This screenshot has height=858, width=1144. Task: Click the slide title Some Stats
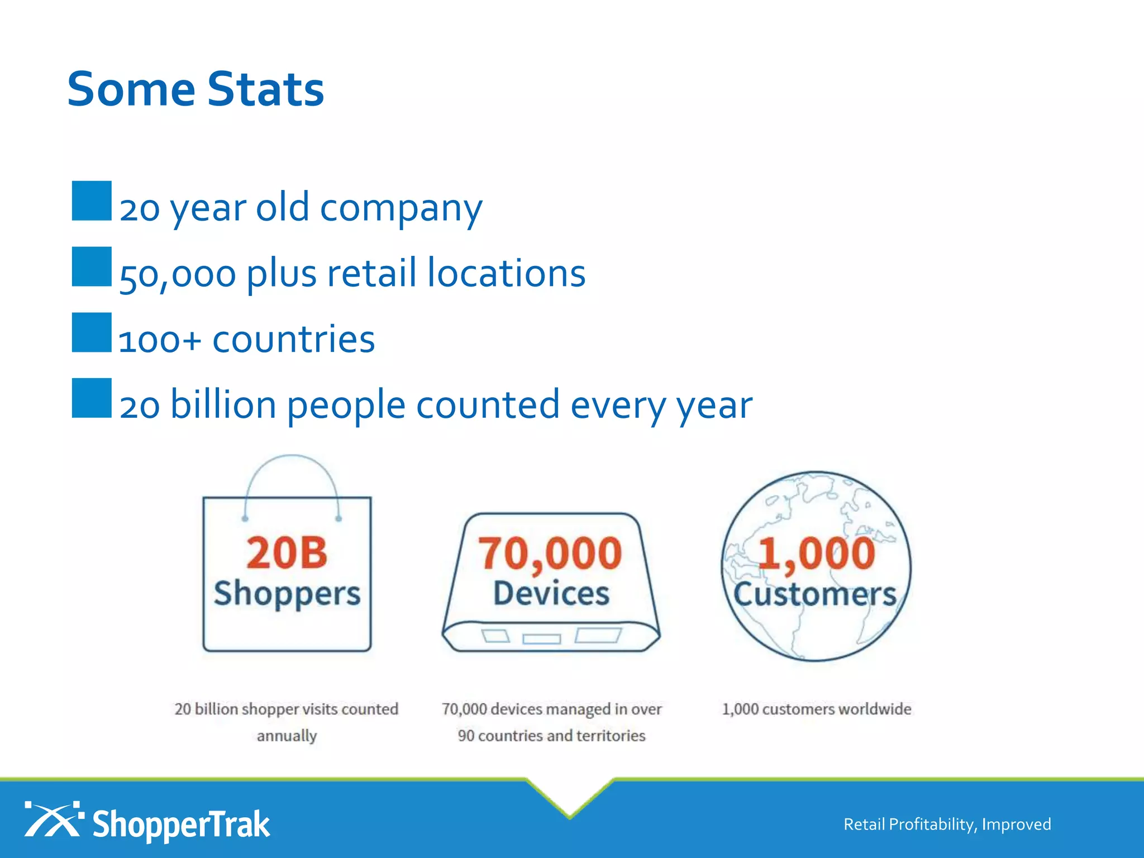pos(196,89)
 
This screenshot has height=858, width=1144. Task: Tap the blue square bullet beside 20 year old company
pos(92,201)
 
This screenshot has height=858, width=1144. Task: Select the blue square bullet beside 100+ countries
pos(92,332)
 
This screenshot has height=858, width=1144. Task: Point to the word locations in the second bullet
pos(506,273)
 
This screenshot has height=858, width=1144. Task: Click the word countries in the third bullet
pos(293,339)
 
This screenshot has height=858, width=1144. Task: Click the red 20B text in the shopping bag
pos(287,553)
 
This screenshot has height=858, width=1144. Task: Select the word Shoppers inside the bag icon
pos(287,593)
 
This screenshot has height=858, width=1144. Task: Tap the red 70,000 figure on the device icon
pos(550,554)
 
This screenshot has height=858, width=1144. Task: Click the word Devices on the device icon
pos(551,593)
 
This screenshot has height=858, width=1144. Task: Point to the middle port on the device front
pos(541,638)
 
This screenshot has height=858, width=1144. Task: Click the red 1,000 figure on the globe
pos(816,554)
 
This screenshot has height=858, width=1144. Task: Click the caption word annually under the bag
pos(287,736)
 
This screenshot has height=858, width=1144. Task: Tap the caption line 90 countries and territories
pos(551,736)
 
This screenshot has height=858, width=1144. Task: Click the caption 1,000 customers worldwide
pos(816,709)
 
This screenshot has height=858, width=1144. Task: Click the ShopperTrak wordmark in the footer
pos(181,824)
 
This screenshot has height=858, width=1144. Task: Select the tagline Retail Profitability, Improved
pos(947,824)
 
